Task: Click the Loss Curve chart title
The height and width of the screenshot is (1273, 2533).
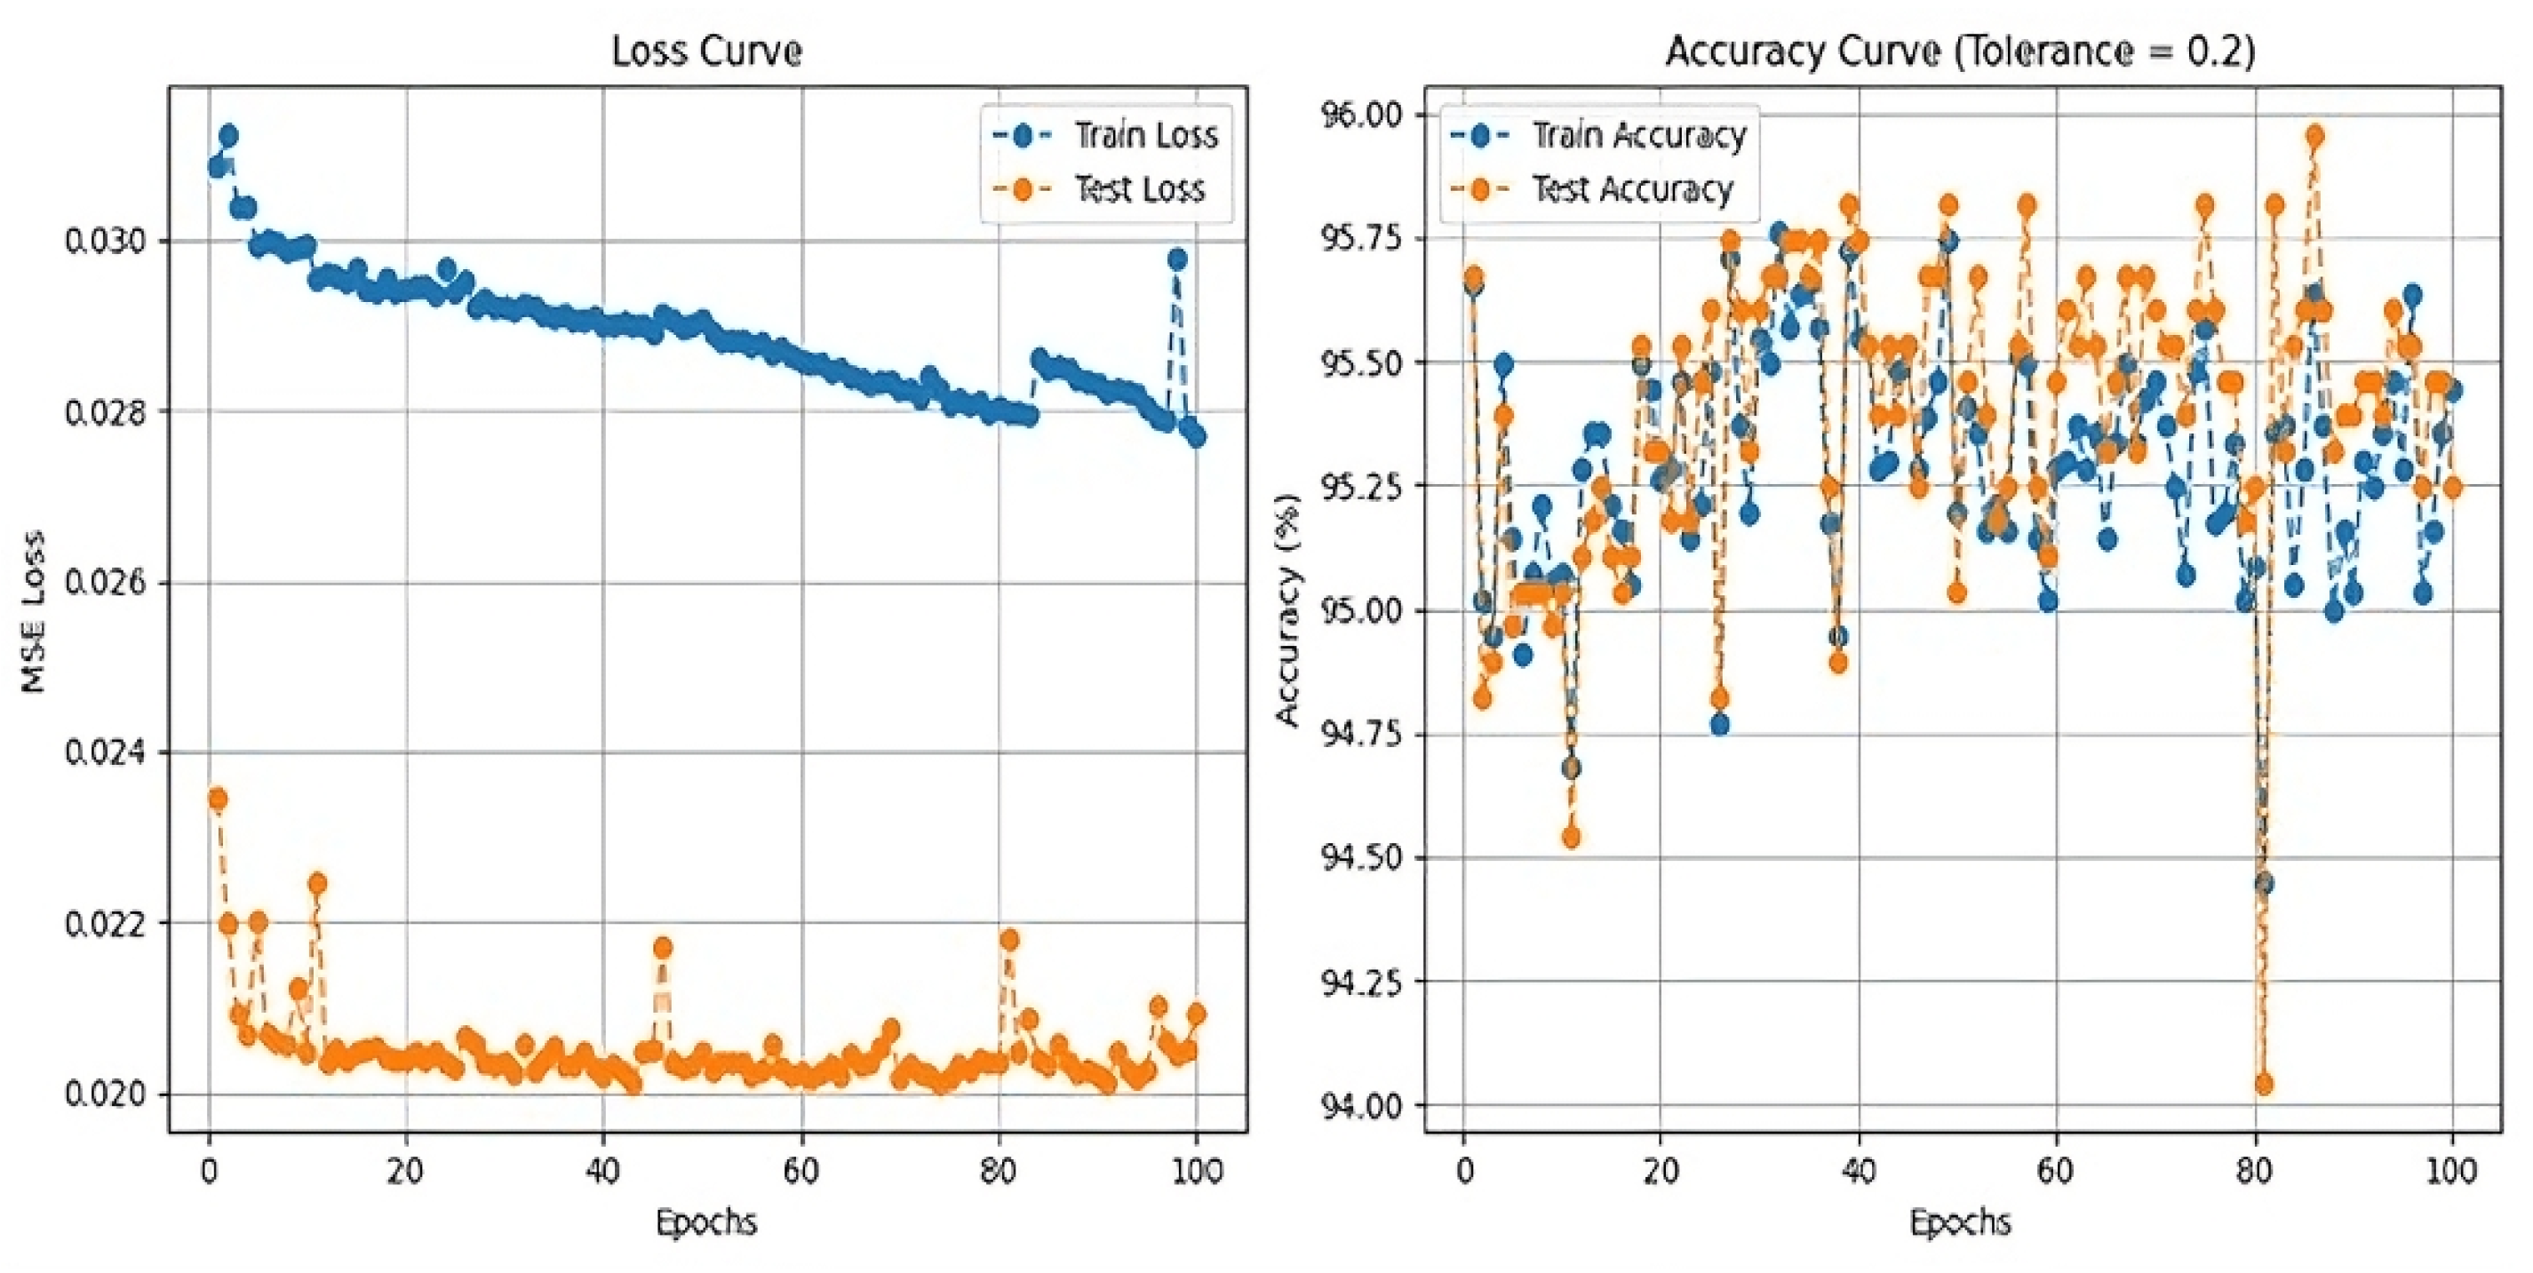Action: pyautogui.click(x=706, y=52)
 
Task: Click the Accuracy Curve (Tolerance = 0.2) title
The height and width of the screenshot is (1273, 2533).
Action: pyautogui.click(x=1960, y=52)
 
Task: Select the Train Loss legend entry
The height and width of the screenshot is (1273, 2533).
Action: pyautogui.click(x=1144, y=136)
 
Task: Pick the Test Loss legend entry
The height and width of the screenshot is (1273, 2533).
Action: pyautogui.click(x=1139, y=188)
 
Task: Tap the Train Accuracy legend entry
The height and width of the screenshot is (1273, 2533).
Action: pyautogui.click(x=1638, y=136)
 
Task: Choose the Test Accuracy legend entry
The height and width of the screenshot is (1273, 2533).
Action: pyautogui.click(x=1632, y=188)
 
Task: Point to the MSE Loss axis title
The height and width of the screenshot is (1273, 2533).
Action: pyautogui.click(x=35, y=610)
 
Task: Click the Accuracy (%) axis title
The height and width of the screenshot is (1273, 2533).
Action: pyautogui.click(x=1287, y=609)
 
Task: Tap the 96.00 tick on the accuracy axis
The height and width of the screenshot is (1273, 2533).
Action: pyautogui.click(x=1362, y=115)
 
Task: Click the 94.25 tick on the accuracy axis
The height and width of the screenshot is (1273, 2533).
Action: pyautogui.click(x=1362, y=981)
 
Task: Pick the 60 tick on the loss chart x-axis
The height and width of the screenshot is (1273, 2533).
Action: pyautogui.click(x=801, y=1171)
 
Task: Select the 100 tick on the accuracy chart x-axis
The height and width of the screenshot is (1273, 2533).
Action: pyautogui.click(x=2451, y=1171)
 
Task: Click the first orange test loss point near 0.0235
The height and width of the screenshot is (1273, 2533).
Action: pyautogui.click(x=219, y=800)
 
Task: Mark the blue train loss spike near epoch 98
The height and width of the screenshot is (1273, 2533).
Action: pyautogui.click(x=1176, y=259)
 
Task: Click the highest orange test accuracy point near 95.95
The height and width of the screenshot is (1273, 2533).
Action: pyautogui.click(x=2314, y=136)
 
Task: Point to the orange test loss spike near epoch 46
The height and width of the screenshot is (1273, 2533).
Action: pyautogui.click(x=663, y=948)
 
